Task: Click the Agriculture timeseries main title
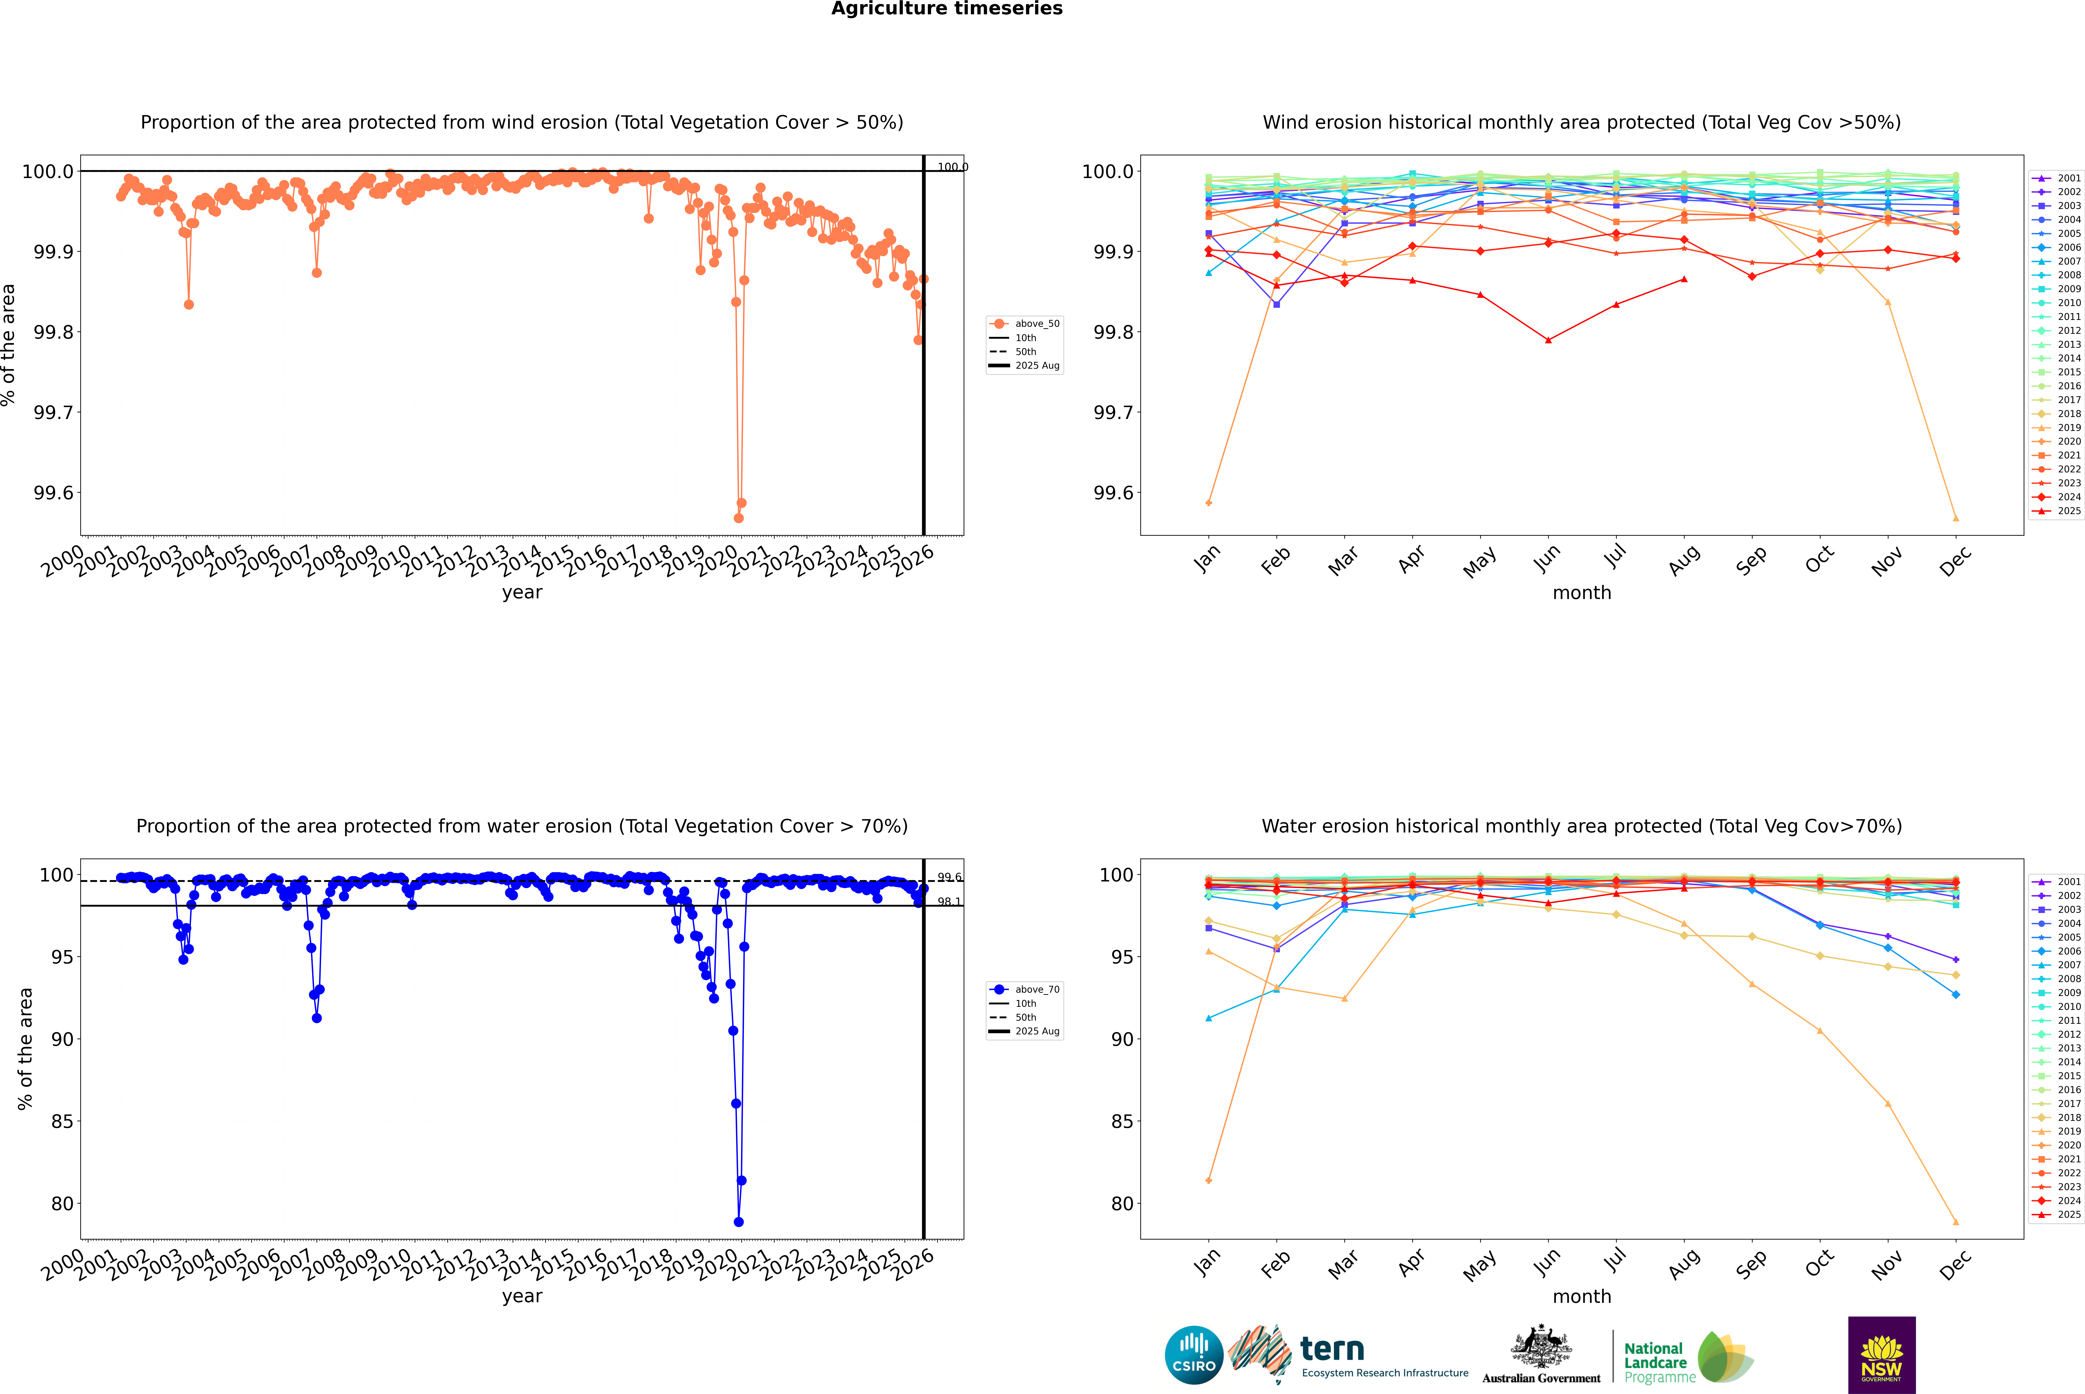(946, 9)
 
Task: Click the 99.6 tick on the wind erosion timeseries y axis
(53, 493)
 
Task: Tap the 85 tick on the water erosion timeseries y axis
(62, 1122)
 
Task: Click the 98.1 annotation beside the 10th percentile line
(949, 902)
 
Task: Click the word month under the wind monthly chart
(1581, 593)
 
